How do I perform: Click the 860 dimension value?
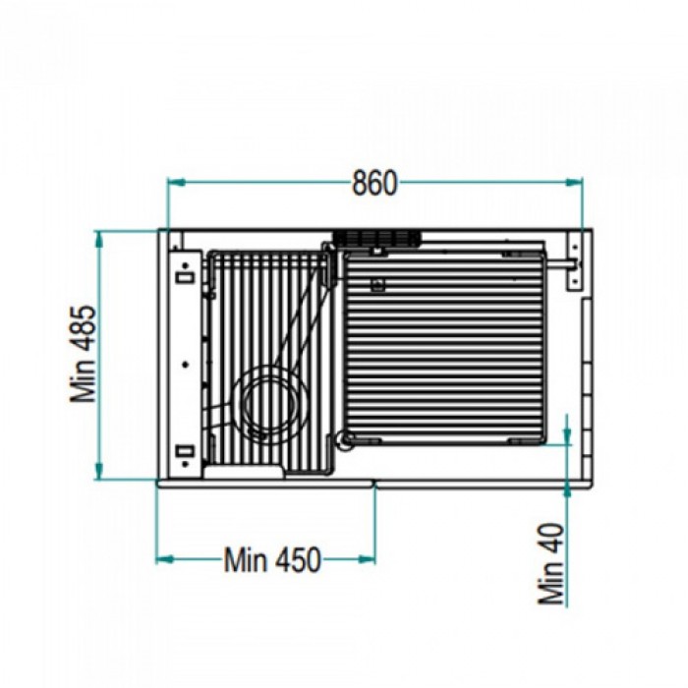click(x=374, y=183)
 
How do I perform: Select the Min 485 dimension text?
click(x=84, y=355)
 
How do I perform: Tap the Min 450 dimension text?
click(x=272, y=559)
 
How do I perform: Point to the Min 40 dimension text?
click(x=550, y=564)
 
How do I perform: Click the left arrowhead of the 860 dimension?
click(x=176, y=182)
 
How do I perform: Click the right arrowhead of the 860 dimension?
click(x=574, y=182)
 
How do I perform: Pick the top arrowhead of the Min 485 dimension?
click(x=99, y=240)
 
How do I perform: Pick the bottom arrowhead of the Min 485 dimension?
click(x=99, y=471)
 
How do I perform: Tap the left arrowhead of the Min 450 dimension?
click(x=165, y=559)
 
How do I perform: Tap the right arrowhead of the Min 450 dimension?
click(x=367, y=559)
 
